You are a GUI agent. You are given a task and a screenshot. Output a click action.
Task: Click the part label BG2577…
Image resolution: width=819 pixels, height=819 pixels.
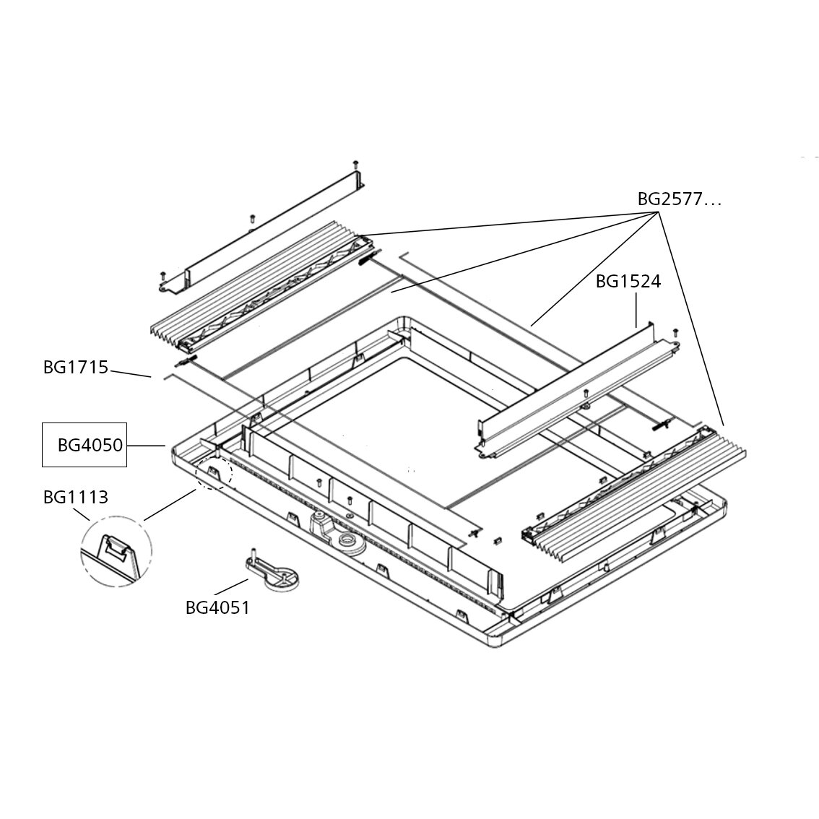[x=679, y=199]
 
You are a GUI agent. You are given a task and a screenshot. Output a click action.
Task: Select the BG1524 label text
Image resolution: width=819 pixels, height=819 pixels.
[x=628, y=282]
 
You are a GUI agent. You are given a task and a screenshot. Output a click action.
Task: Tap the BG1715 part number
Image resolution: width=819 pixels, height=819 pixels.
[x=75, y=368]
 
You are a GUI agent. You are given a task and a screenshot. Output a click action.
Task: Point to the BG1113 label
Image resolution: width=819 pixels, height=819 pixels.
[x=75, y=497]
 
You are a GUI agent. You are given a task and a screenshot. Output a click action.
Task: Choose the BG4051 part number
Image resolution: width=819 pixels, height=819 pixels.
[x=217, y=608]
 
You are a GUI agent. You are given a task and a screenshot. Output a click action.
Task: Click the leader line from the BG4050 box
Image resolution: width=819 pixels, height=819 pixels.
[x=147, y=446]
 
